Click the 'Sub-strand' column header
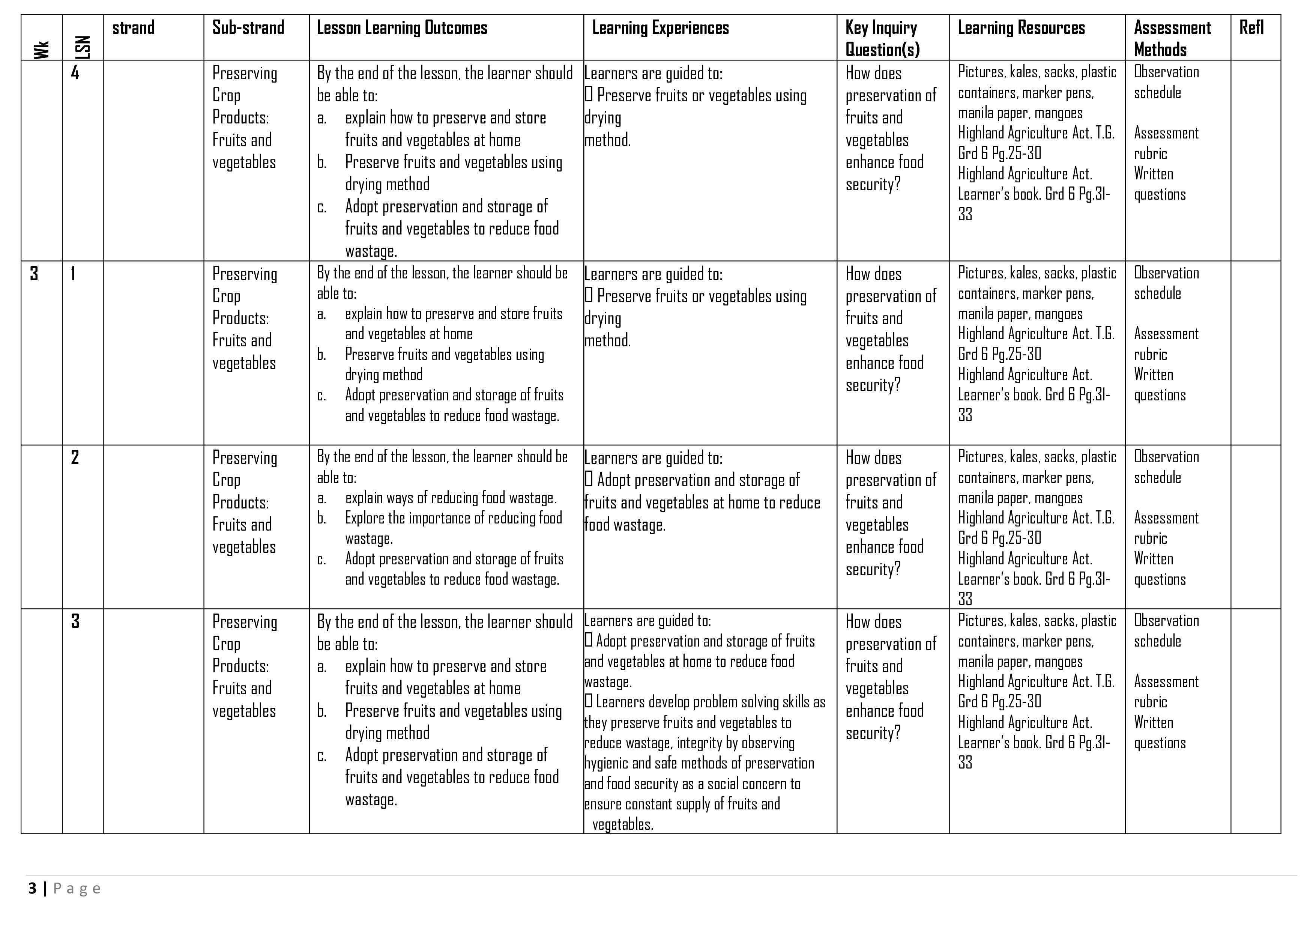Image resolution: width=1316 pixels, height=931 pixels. point(248,27)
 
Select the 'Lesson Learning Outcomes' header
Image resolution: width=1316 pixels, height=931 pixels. point(402,27)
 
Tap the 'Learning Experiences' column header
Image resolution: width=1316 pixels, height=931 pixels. point(660,27)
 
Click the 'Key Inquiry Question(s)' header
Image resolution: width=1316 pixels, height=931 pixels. point(882,38)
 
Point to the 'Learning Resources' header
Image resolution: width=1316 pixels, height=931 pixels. point(1022,27)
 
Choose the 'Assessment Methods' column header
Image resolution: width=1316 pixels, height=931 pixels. point(1172,38)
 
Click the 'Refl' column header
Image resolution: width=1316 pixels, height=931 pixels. point(1251,27)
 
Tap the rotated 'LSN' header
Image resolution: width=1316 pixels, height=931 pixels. point(83,47)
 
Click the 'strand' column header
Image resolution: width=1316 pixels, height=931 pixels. point(133,27)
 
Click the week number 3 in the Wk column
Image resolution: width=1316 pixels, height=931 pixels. point(35,274)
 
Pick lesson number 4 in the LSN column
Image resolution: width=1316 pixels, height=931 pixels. point(75,73)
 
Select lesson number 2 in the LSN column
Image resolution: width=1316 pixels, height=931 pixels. point(75,457)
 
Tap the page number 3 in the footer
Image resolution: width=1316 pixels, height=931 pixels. point(32,889)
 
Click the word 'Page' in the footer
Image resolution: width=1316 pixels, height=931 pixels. point(77,889)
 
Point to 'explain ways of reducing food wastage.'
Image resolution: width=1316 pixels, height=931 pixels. point(451,498)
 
